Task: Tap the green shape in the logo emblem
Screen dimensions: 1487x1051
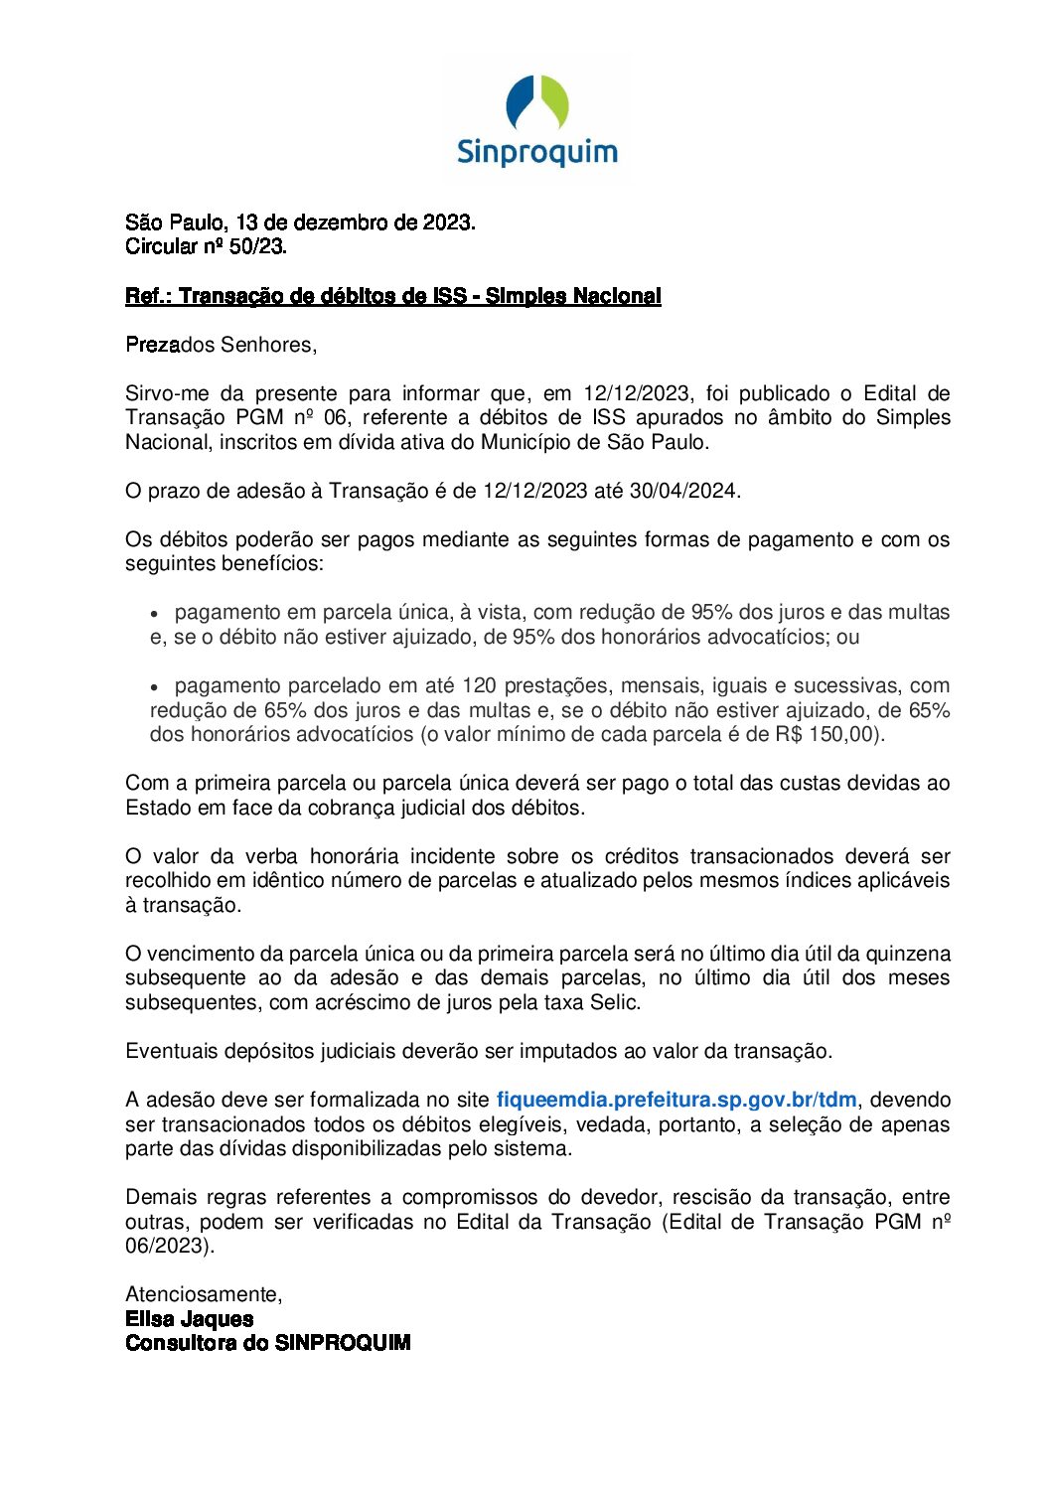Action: coord(554,102)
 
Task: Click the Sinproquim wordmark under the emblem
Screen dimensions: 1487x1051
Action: coord(536,152)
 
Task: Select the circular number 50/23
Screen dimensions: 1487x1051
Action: coord(257,246)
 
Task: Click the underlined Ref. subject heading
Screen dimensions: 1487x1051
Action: coord(392,296)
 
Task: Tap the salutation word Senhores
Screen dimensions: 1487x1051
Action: coord(267,345)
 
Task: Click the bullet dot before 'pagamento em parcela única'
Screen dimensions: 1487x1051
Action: coord(154,614)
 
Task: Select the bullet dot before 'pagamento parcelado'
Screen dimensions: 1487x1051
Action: coord(154,687)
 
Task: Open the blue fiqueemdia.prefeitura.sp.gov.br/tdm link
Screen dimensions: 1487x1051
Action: coord(676,1100)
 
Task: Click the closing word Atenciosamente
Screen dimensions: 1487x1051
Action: coord(204,1294)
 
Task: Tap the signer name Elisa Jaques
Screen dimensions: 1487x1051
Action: coord(189,1319)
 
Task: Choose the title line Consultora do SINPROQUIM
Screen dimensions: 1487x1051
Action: coord(267,1343)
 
